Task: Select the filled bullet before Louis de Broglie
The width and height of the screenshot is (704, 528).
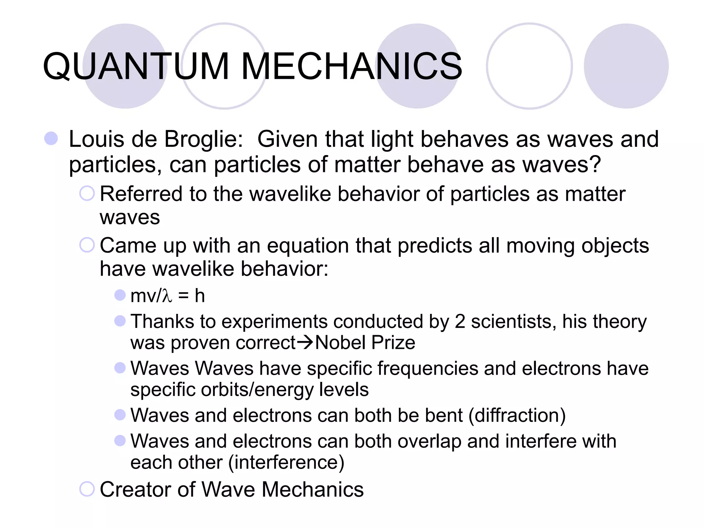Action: [51, 139]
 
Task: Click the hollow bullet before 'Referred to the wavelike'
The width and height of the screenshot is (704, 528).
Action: [87, 194]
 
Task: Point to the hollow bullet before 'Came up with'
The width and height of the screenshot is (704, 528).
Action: [87, 245]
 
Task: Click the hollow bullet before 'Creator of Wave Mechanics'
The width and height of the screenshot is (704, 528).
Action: [87, 489]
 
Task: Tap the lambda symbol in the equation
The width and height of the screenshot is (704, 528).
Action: [167, 296]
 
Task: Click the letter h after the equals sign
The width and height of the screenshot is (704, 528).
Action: [200, 295]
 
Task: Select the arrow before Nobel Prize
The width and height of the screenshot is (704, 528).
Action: [305, 342]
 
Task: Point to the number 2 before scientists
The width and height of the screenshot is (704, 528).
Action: [460, 321]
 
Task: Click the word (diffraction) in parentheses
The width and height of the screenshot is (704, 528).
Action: [517, 415]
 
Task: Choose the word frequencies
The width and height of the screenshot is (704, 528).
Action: [428, 368]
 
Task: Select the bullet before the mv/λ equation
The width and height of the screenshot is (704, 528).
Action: [120, 295]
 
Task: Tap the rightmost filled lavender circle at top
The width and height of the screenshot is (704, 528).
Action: [626, 66]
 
